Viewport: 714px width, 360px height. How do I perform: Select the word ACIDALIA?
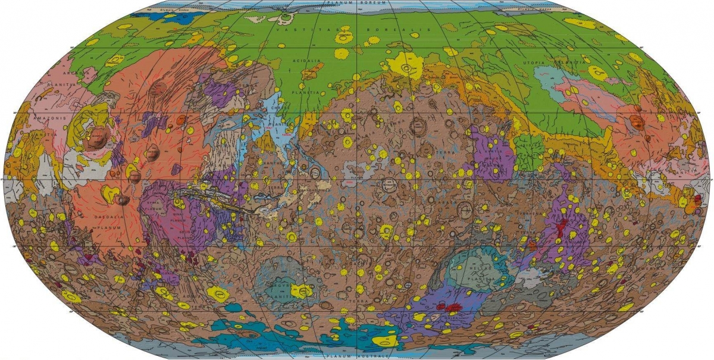coord(305,61)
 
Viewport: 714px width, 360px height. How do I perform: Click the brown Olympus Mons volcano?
coord(96,138)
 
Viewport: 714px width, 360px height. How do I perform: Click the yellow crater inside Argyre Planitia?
coord(302,290)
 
